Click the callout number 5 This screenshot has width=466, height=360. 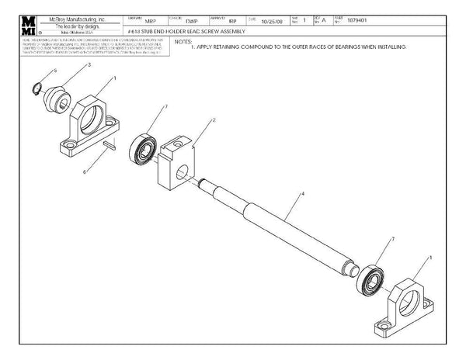(x=55, y=71)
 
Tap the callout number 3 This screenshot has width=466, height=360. (x=89, y=66)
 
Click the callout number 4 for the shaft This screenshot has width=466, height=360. (x=302, y=192)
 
